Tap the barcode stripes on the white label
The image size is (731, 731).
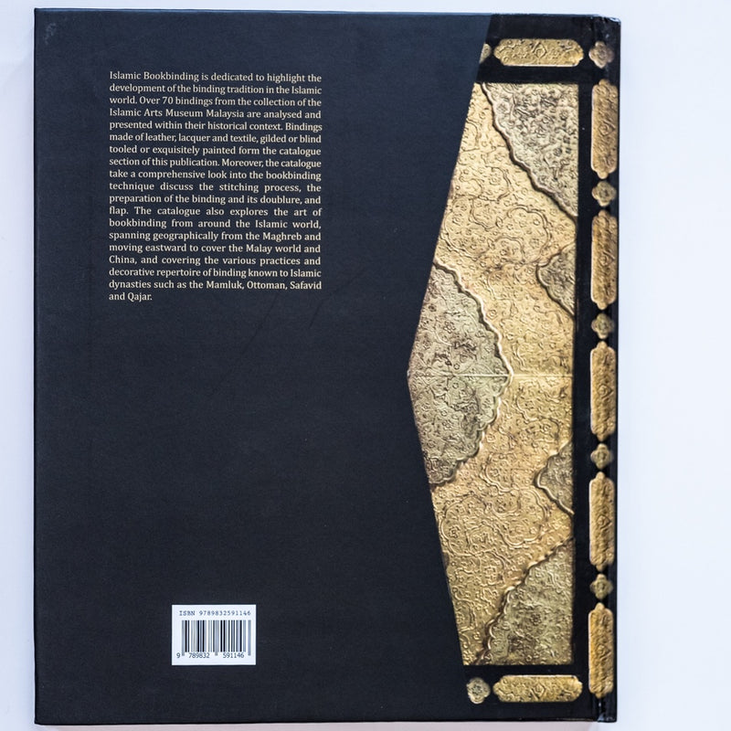pyautogui.click(x=213, y=634)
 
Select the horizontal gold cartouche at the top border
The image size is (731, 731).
pyautogui.click(x=537, y=52)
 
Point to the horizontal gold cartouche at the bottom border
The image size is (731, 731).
pyautogui.click(x=537, y=686)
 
